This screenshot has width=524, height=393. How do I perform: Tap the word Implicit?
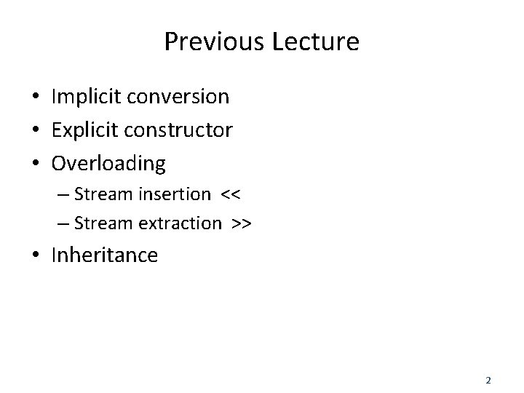pos(82,96)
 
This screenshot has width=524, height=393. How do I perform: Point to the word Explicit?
pos(82,130)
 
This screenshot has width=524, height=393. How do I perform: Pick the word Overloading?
pos(108,164)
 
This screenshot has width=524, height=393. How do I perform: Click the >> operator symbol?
pos(242,223)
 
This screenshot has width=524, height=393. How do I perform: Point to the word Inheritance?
pos(104,255)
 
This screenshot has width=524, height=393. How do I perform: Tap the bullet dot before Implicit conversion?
pos(35,97)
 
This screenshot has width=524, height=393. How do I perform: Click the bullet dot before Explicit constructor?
pos(35,131)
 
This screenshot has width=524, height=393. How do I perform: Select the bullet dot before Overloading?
pos(35,164)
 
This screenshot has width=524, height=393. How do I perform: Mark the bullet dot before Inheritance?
pos(35,256)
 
